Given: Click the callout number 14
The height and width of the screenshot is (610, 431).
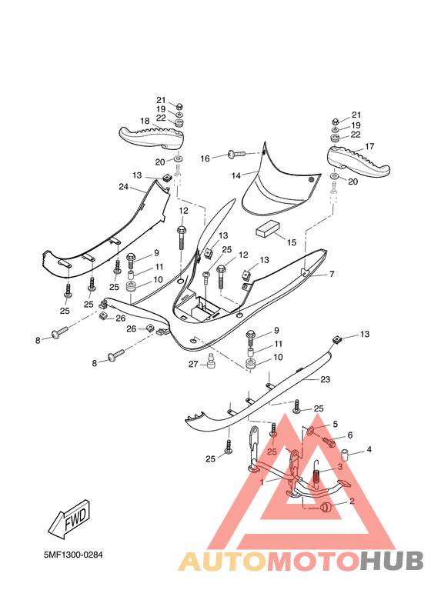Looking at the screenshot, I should pos(236,175).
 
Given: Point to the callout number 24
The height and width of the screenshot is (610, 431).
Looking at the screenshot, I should pos(123,187).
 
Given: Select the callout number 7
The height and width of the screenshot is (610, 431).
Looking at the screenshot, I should pos(332,274).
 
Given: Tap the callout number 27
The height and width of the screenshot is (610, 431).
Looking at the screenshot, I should pos(193,364).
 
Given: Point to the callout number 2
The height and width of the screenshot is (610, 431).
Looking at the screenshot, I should pos(351,501).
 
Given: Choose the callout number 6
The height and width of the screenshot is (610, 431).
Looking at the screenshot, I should pos(349,435).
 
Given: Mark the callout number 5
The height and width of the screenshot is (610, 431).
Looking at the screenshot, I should pos(336,424).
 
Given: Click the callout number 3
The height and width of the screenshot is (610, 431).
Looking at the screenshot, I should pos(339,467).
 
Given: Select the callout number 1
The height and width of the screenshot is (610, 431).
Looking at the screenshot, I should pos(262,482).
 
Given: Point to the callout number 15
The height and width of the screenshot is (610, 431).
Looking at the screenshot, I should pos(291,242).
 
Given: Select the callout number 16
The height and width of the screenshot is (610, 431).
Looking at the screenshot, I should pos(205,158).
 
